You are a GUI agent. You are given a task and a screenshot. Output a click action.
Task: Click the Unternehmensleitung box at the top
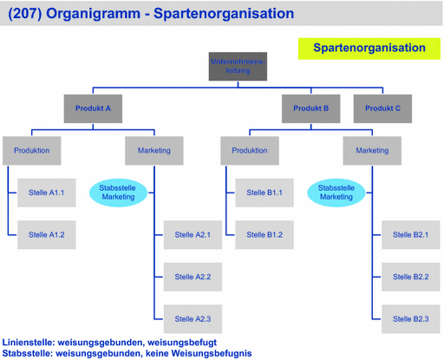(238, 66)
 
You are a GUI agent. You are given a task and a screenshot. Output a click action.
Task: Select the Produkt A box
(93, 108)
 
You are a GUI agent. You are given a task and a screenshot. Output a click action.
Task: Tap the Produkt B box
(310, 108)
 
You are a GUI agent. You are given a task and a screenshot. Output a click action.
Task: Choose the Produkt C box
(382, 108)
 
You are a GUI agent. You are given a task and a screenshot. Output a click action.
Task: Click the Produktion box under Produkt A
(31, 150)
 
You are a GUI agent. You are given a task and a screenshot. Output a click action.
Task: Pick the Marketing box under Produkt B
(372, 150)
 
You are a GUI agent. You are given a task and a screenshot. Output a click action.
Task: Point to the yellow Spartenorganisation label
(369, 49)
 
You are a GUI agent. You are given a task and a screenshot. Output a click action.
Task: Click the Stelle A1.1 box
(47, 193)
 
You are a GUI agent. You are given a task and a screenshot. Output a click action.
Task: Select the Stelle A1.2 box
(47, 234)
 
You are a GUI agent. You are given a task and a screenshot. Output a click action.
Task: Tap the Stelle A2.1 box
(193, 234)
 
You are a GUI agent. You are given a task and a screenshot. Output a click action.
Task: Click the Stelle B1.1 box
(264, 193)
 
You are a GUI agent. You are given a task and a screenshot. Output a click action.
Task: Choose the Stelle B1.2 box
(264, 234)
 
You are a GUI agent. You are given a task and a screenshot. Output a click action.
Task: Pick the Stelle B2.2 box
(410, 277)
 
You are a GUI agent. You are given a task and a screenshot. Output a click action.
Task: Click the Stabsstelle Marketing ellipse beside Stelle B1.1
(336, 193)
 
